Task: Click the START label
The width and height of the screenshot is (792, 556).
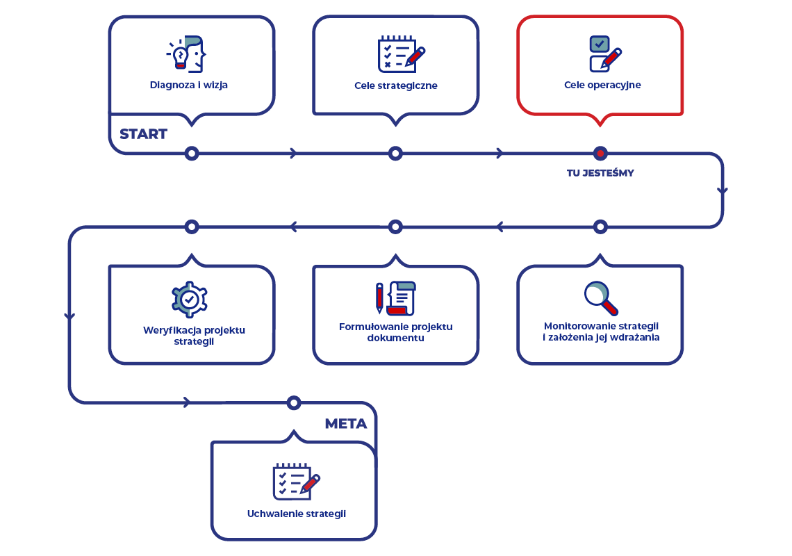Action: coord(143,134)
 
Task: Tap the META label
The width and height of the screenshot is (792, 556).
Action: coord(346,423)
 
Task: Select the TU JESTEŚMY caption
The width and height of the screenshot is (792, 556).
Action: coord(600,173)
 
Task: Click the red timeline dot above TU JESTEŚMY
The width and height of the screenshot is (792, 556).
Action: coord(600,153)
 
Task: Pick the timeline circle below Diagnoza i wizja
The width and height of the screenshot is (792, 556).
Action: coord(192,153)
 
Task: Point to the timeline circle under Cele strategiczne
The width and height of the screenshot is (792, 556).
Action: coord(395,153)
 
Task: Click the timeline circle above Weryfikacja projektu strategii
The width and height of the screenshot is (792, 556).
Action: coord(192,227)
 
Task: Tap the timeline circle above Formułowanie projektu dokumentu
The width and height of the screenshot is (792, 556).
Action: coord(395,227)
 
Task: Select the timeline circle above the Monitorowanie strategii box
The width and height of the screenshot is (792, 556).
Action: coord(600,227)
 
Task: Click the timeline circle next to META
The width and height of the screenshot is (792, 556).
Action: coord(294,403)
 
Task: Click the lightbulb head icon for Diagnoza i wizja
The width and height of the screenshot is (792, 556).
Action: coord(186,54)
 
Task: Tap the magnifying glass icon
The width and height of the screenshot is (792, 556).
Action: coord(601,298)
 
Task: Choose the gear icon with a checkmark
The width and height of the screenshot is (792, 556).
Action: coord(190,300)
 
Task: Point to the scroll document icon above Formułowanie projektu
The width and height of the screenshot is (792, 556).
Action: coord(396,298)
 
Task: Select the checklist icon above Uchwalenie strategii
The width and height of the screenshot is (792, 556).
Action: coord(297,482)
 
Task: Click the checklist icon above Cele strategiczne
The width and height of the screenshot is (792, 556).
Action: coord(402,55)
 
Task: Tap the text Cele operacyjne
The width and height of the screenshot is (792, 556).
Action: coord(602,85)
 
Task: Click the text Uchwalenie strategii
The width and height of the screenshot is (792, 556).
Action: coord(297,514)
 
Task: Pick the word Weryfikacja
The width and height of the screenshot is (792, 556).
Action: coord(171,330)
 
